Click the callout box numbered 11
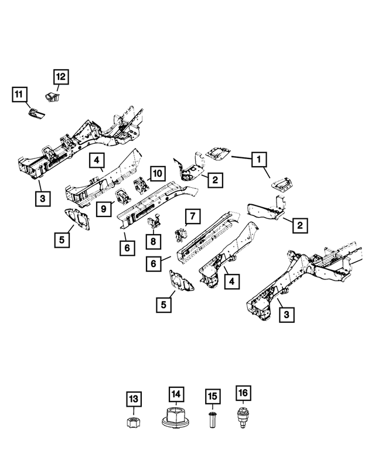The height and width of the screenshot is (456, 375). click(19, 94)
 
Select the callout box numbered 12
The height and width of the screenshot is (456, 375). click(62, 76)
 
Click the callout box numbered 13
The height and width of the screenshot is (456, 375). click(134, 399)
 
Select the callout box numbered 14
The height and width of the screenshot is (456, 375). click(176, 394)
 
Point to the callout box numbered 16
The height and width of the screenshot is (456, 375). click(243, 393)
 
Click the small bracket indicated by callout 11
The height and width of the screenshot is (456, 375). click(36, 113)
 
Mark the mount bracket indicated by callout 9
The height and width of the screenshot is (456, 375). click(124, 197)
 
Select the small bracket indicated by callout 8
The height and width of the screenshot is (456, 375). click(155, 222)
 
